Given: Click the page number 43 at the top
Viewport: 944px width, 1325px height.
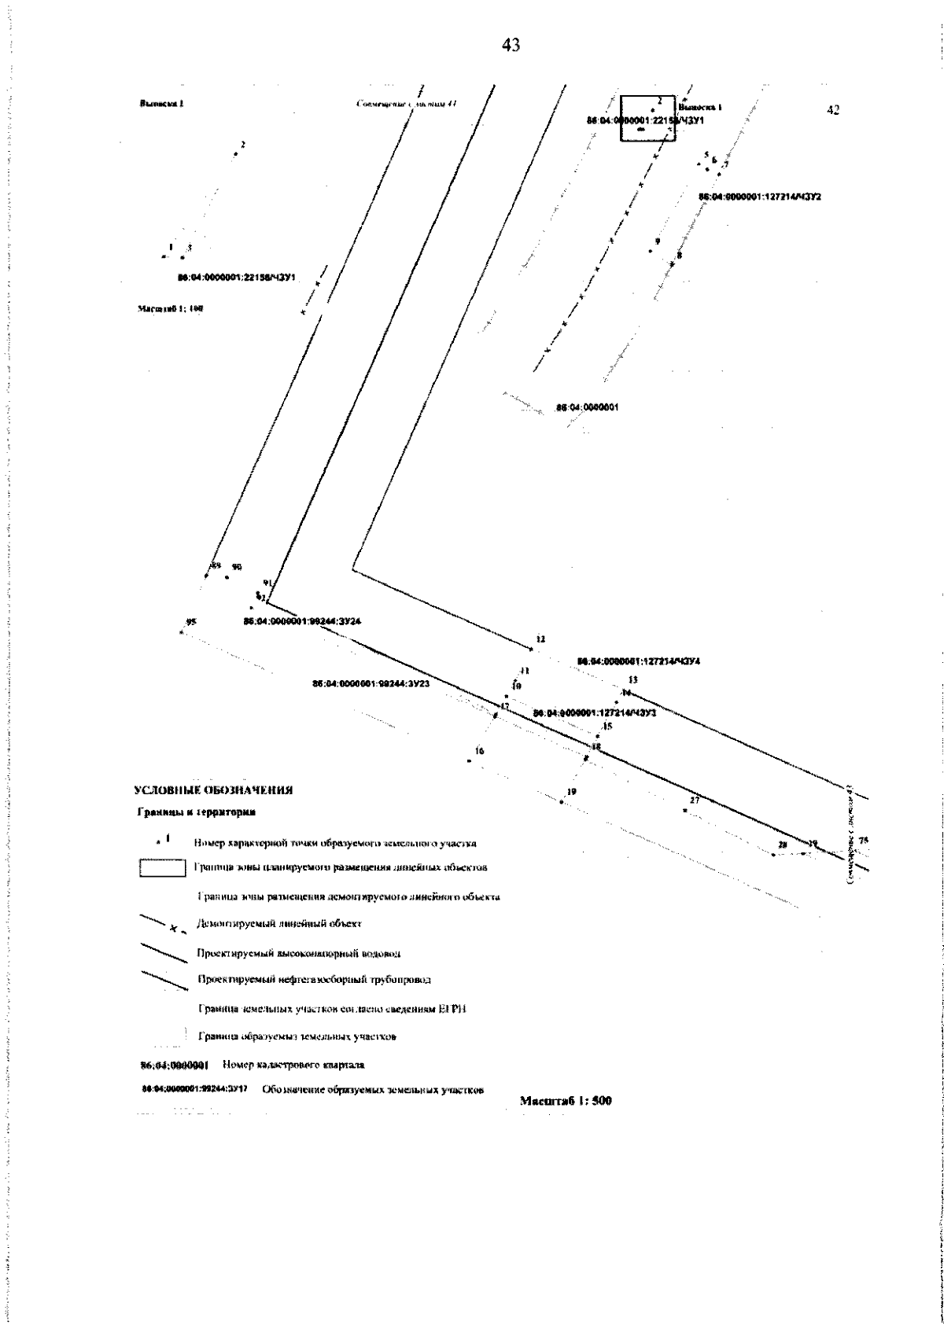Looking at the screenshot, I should coord(511,46).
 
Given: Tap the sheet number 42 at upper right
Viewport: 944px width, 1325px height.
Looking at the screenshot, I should coord(834,110).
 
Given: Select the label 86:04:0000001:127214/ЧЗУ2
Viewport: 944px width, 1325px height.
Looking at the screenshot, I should coord(760,197).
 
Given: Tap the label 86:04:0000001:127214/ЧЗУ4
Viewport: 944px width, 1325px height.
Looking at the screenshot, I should coord(639,661).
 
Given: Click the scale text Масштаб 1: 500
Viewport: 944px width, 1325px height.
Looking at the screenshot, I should coord(566,1101).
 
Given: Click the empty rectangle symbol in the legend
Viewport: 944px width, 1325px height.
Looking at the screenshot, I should coord(162,868).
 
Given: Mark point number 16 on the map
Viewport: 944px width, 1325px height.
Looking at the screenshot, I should coord(479,752).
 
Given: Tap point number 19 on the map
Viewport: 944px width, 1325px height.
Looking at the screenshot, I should coord(571,792).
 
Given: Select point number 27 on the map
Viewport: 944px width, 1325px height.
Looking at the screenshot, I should coord(694,801).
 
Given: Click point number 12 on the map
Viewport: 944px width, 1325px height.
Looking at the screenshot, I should coord(540,640).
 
